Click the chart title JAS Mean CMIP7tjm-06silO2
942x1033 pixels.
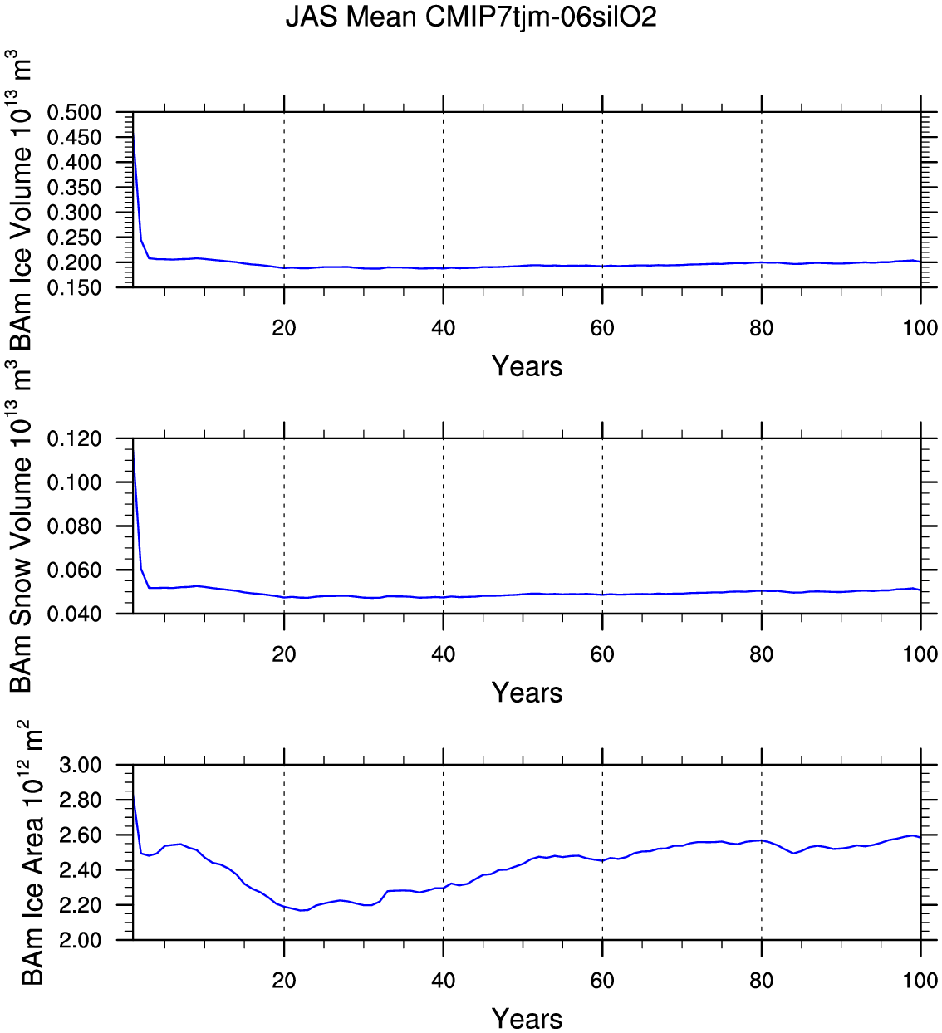pos(471,17)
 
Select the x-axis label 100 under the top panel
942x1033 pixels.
pos(920,328)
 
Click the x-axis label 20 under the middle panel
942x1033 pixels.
pos(284,654)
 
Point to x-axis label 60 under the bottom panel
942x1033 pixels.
pos(602,981)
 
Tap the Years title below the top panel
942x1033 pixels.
pos(527,366)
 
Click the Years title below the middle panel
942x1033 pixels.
pos(527,693)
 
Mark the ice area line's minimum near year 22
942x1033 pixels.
pos(304,910)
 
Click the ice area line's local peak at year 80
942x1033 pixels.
pos(762,840)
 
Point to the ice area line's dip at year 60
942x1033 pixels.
pos(602,860)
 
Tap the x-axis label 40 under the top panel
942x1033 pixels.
pos(444,328)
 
